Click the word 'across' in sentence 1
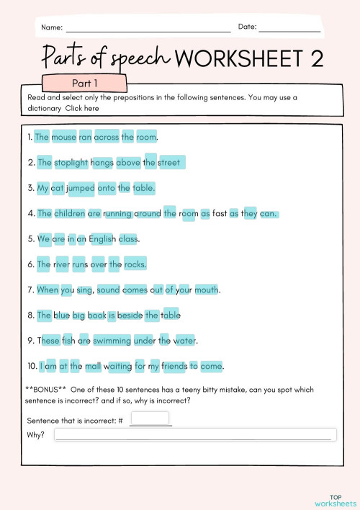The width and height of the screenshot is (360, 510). coord(107,137)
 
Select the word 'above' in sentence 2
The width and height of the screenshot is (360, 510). coord(128,162)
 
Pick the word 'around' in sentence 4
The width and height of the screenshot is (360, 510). coord(147,213)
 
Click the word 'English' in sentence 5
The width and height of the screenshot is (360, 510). coord(103,238)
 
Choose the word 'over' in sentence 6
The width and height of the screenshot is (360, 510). coord(98,264)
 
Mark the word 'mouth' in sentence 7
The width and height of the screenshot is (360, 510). coord(207,290)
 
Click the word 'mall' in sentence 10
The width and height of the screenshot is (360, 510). coord(93,366)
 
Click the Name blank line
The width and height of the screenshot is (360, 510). coord(148,30)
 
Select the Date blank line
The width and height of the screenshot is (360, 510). coord(289,30)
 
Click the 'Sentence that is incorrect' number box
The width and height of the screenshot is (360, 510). coord(150,419)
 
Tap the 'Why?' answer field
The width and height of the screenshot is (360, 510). coord(194,434)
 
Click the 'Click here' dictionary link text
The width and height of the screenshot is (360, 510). coord(82,108)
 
